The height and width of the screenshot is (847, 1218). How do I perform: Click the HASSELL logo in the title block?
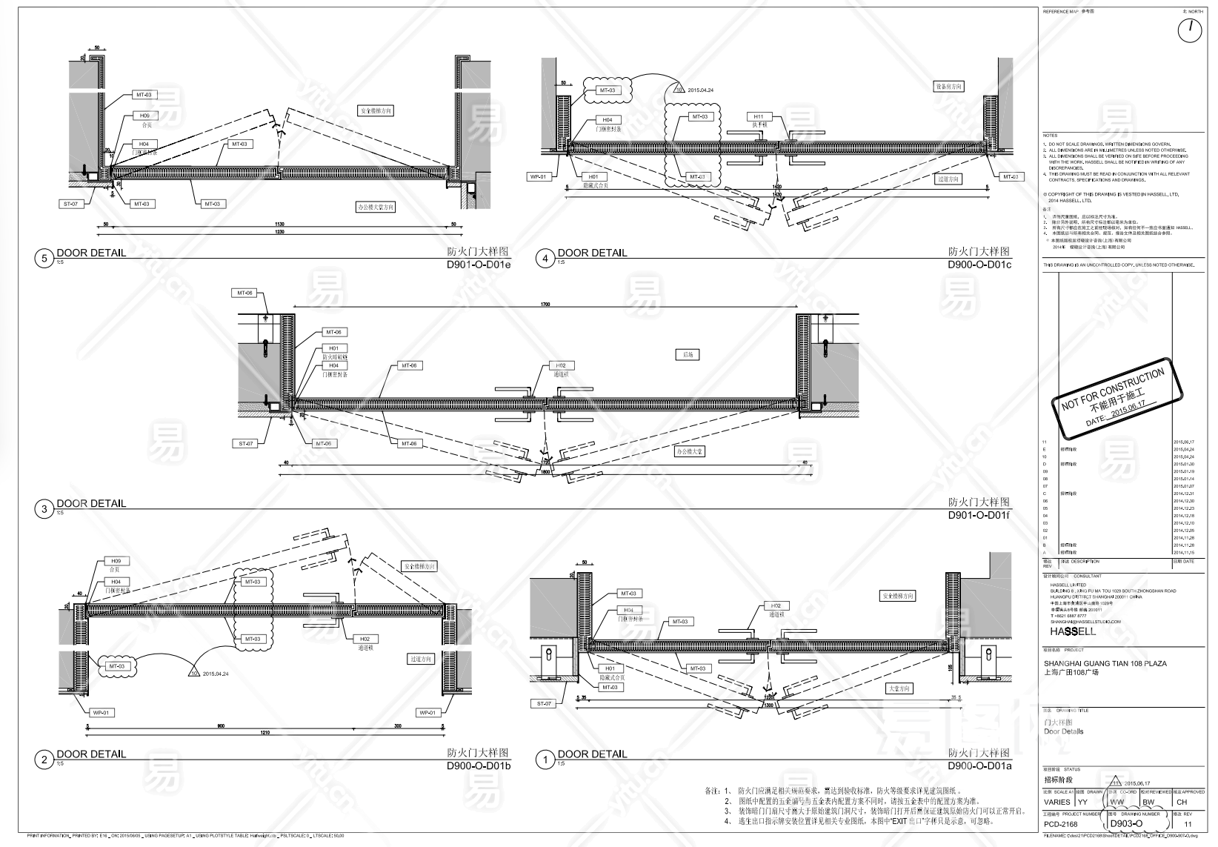point(1072,631)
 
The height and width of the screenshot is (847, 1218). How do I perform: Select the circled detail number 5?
point(44,259)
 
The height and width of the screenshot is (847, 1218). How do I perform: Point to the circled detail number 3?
point(44,509)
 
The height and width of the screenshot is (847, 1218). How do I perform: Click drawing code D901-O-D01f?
point(978,516)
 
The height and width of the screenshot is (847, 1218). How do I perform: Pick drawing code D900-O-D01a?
point(979,766)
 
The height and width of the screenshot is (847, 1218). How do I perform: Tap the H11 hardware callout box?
point(759,117)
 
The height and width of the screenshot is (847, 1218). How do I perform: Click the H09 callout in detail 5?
point(144,116)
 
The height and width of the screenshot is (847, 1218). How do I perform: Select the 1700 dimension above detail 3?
point(545,304)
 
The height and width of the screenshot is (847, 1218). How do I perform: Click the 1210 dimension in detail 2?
point(265,733)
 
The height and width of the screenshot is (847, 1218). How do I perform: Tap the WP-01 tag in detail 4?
point(538,177)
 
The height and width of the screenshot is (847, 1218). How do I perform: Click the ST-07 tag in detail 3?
point(246,444)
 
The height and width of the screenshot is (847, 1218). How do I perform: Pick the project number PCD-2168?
point(1061,824)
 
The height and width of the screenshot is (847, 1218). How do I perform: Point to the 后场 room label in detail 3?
point(688,355)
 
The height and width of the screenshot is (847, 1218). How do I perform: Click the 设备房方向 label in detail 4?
point(948,87)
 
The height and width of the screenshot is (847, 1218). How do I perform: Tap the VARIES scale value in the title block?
point(1056,802)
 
